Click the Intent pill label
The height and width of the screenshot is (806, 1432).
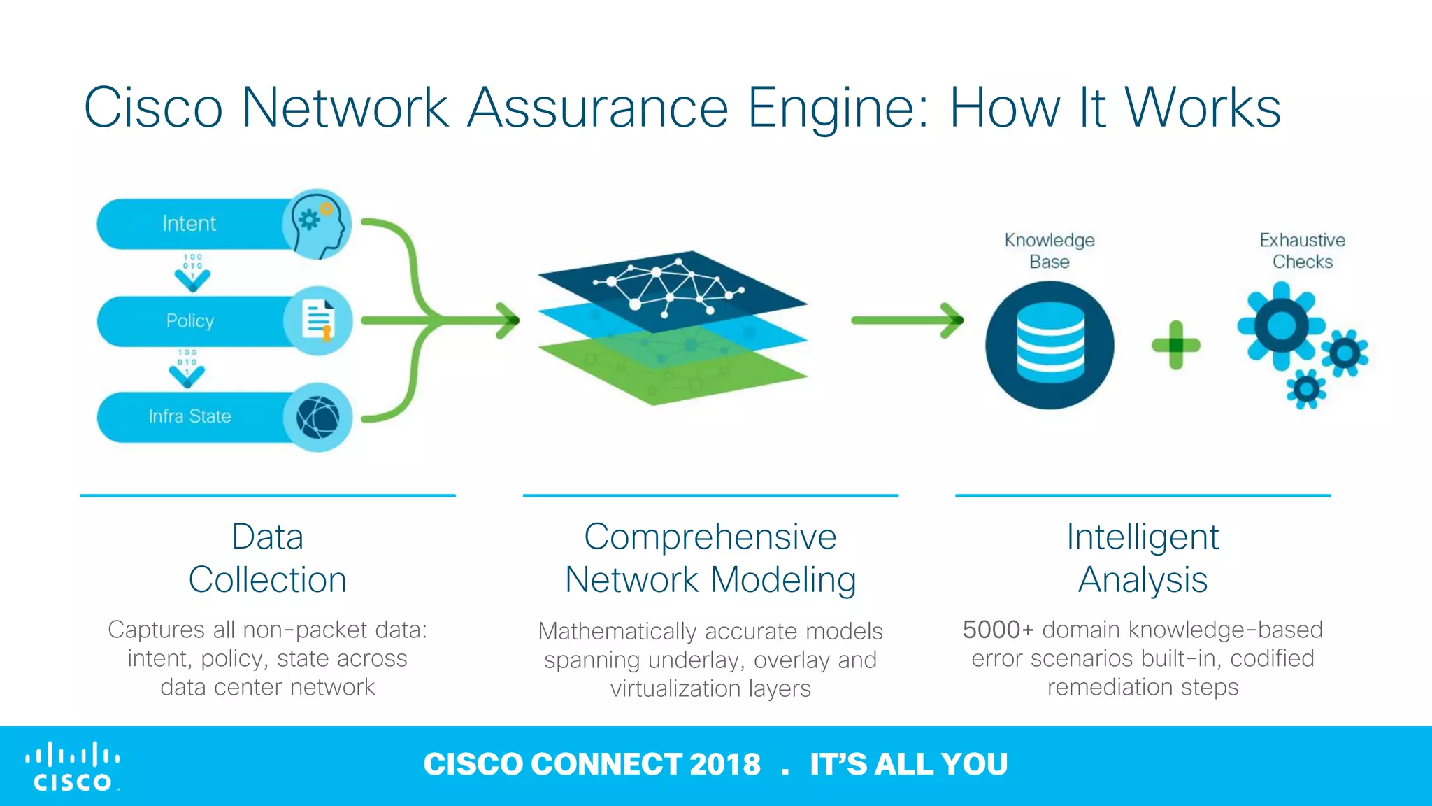pos(189,224)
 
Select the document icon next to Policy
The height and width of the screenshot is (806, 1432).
pos(318,320)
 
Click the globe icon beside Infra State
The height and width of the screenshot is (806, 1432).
pos(318,417)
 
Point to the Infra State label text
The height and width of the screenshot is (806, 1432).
pos(189,416)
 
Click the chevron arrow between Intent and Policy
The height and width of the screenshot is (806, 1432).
pos(192,278)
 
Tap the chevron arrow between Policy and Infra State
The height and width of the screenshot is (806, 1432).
pos(187,375)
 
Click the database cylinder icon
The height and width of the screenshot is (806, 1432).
pos(1050,344)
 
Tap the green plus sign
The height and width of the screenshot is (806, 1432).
pos(1175,345)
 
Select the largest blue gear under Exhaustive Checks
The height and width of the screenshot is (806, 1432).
pos(1281,325)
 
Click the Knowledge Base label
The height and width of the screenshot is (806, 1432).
pos(1050,250)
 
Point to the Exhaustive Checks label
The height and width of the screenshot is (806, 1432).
pos(1302,250)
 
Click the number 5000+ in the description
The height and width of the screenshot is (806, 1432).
pos(998,630)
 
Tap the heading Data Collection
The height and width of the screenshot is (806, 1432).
pos(268,558)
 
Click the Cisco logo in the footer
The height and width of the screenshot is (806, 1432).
pos(73,766)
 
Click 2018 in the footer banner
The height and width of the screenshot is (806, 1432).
pos(724,764)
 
